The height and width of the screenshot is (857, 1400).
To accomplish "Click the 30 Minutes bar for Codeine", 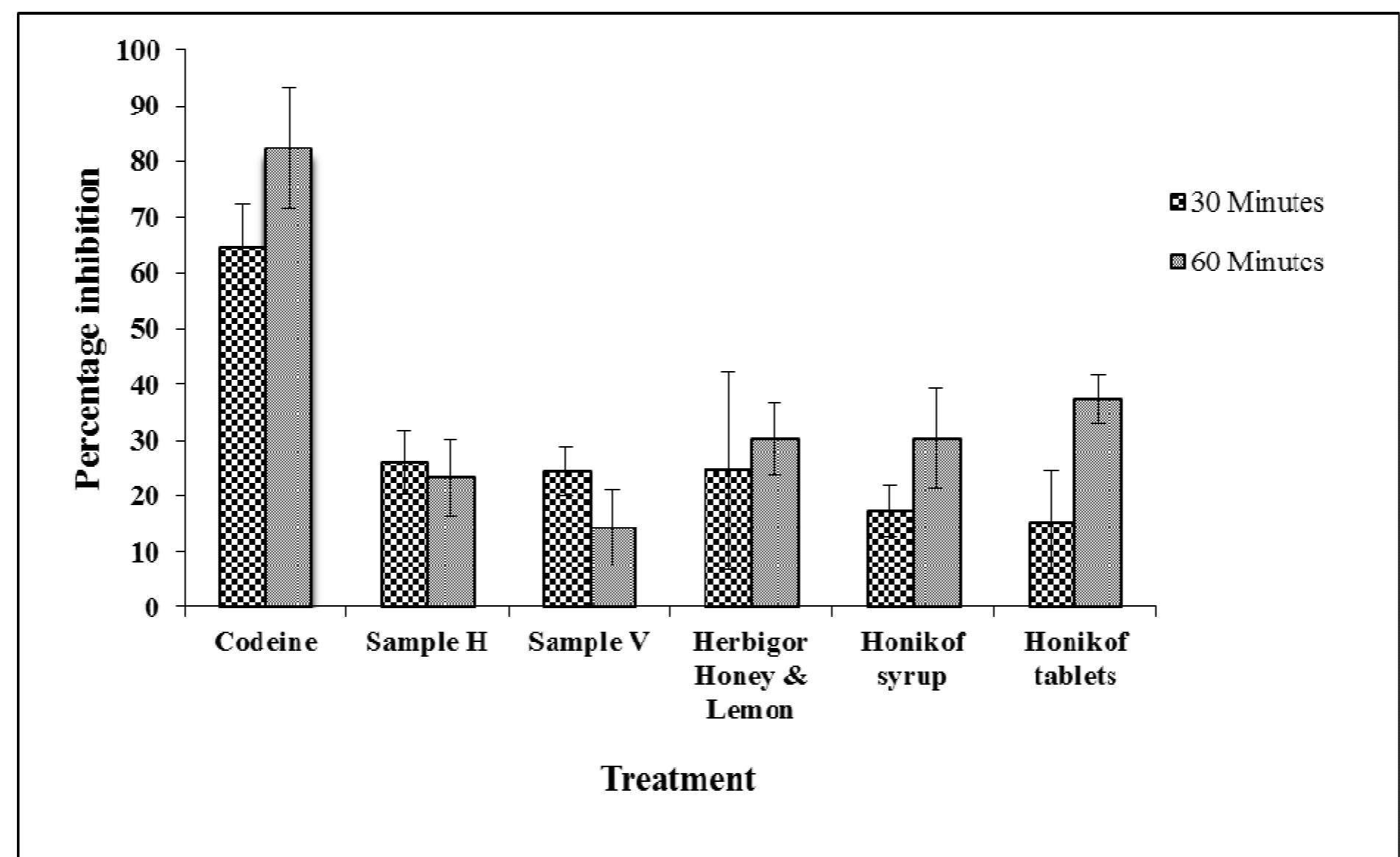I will tap(242, 427).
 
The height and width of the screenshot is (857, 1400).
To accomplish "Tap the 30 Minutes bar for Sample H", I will tap(404, 535).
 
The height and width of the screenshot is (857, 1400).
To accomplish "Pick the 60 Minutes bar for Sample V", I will tap(613, 567).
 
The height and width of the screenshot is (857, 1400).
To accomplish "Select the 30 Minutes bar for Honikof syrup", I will tap(890, 559).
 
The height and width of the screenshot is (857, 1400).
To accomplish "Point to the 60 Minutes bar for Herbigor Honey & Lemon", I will tap(775, 523).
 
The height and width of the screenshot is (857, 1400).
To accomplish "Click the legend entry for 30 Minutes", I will tap(1248, 202).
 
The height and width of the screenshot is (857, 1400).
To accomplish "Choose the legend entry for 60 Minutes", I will tap(1248, 262).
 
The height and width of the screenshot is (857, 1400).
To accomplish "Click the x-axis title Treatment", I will tap(678, 778).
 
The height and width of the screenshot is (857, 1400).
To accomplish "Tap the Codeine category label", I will tap(266, 642).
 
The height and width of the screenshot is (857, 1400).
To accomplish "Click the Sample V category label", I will tap(589, 642).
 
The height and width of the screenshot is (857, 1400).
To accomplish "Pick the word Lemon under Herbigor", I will tap(750, 710).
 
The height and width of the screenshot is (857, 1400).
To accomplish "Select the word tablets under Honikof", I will tap(1075, 676).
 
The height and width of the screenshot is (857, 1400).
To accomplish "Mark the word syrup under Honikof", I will tap(912, 676).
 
